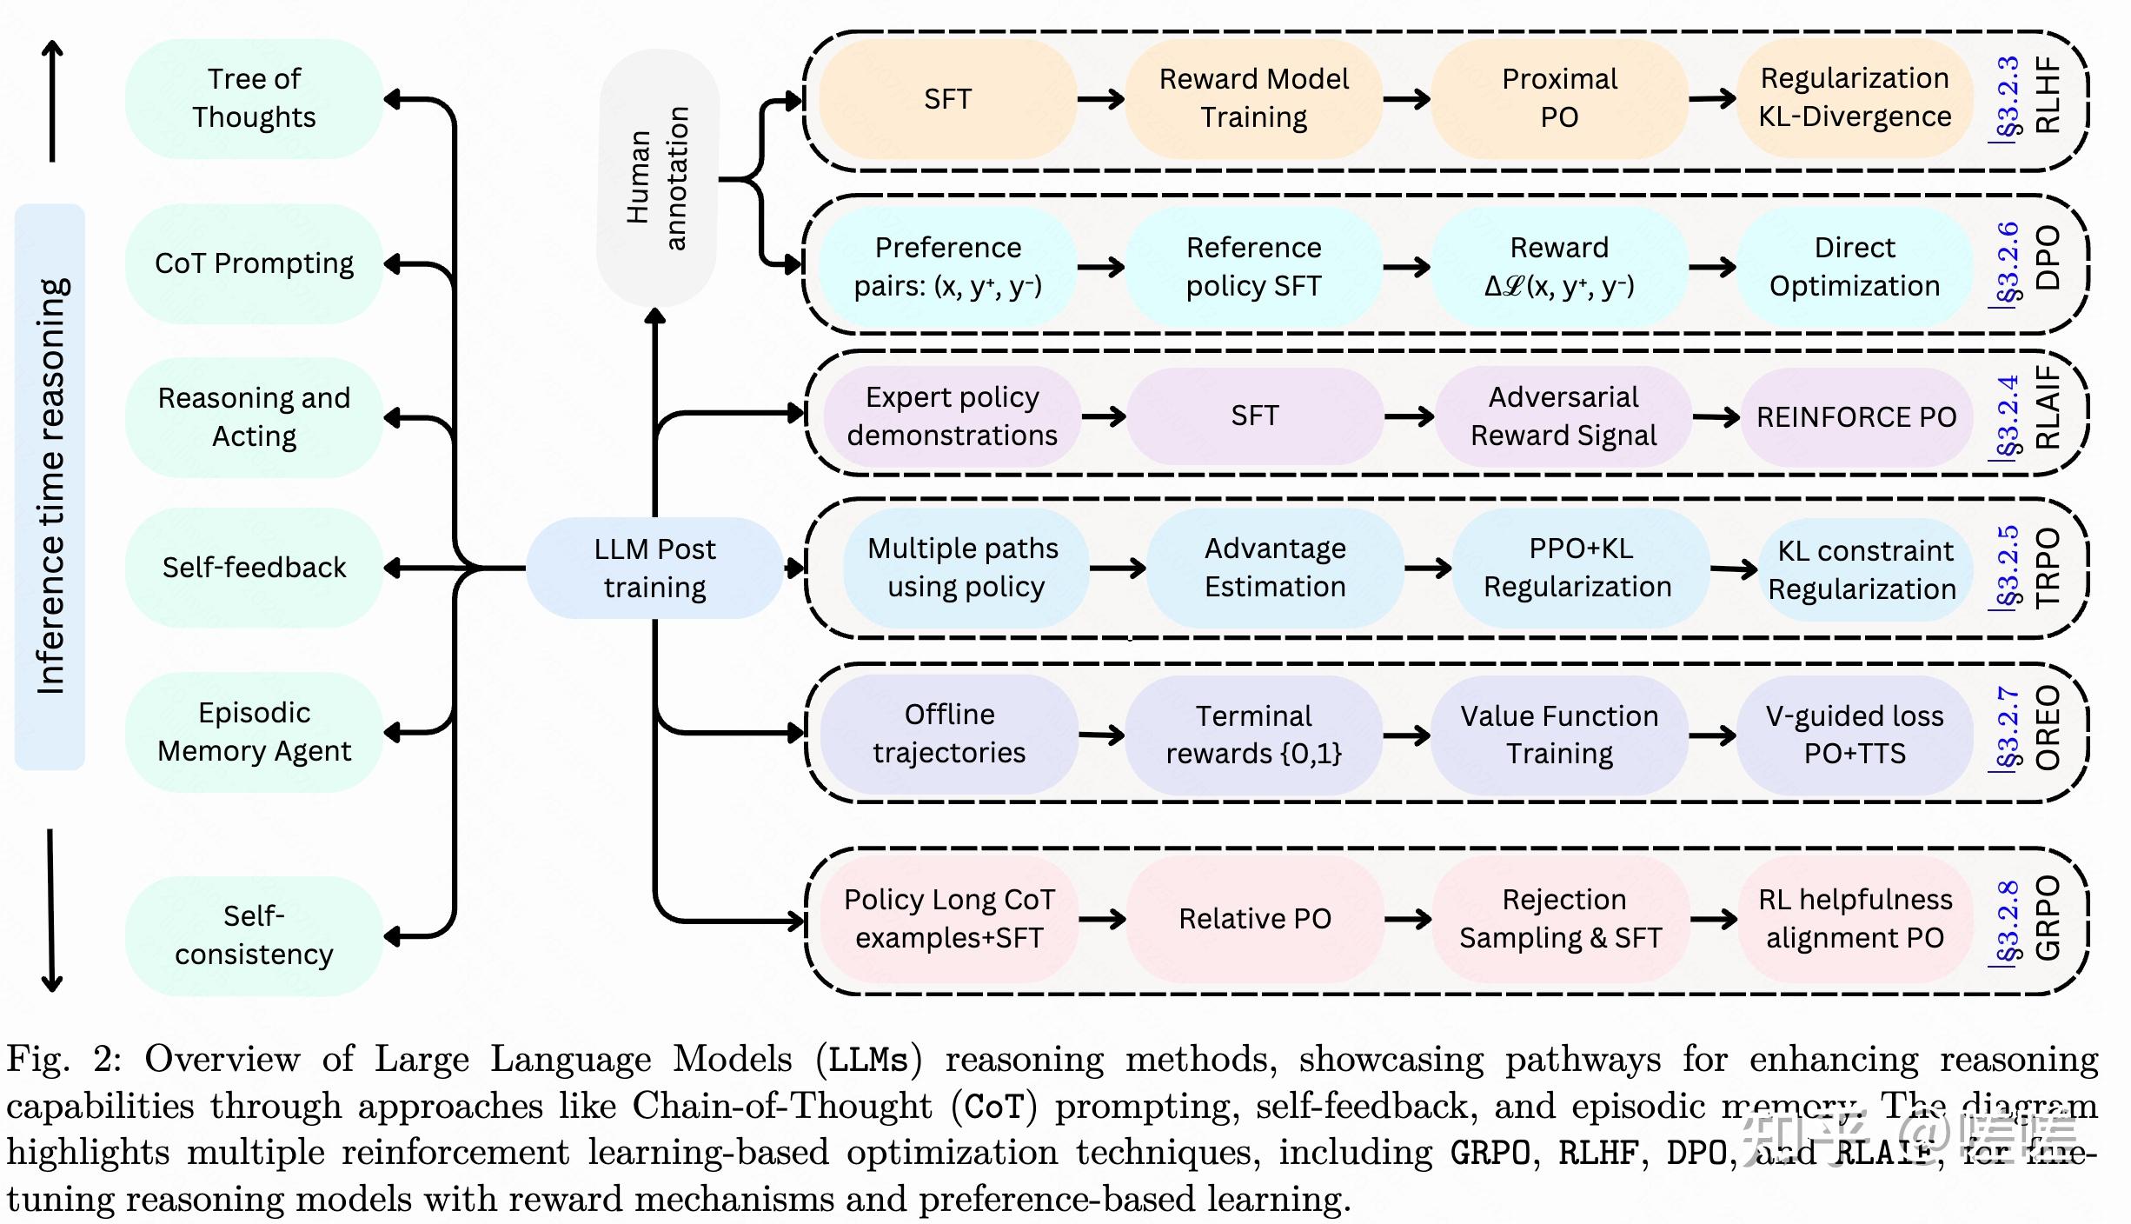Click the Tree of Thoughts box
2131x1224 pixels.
pyautogui.click(x=254, y=98)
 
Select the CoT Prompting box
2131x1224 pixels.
pyautogui.click(x=254, y=263)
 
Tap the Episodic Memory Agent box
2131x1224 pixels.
pyautogui.click(x=254, y=732)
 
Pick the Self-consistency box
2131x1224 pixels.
pyautogui.click(x=254, y=935)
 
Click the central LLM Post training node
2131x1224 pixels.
pyautogui.click(x=654, y=569)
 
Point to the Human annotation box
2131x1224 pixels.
pyautogui.click(x=657, y=178)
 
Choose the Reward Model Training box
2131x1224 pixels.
pyautogui.click(x=1253, y=98)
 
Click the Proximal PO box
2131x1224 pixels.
pyautogui.click(x=1559, y=98)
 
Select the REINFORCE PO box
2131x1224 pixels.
pyautogui.click(x=1856, y=417)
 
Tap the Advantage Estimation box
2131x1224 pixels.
pyautogui.click(x=1274, y=569)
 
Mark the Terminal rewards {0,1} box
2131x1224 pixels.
pyautogui.click(x=1253, y=735)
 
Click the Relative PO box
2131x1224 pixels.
pyautogui.click(x=1254, y=919)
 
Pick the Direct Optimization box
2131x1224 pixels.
pyautogui.click(x=1855, y=267)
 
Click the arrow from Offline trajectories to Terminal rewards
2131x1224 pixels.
pyautogui.click(x=1101, y=735)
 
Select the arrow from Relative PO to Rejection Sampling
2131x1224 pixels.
pyautogui.click(x=1408, y=919)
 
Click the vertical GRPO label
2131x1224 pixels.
pyautogui.click(x=2048, y=918)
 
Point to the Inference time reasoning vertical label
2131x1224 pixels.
pyautogui.click(x=50, y=487)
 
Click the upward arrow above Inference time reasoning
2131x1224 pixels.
pyautogui.click(x=52, y=100)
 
